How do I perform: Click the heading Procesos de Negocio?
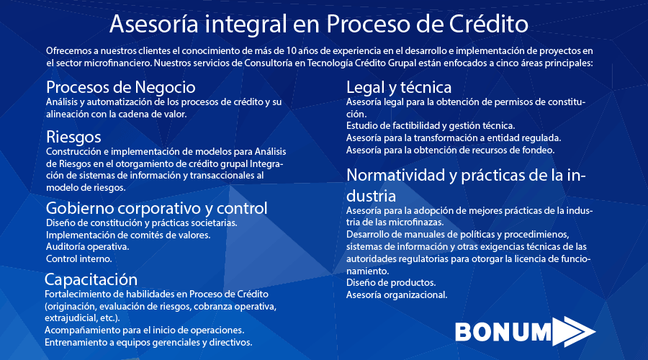121,87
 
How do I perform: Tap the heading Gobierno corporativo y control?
157,208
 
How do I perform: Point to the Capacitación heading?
91,280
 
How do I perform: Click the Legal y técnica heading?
399,88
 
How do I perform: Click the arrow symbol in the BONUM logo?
574,331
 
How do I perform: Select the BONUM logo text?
503,332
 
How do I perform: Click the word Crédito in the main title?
488,24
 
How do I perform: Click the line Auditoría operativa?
88,247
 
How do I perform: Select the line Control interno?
79,258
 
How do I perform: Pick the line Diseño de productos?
391,283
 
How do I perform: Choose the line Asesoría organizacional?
397,295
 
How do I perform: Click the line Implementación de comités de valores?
128,235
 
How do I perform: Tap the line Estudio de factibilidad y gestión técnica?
431,126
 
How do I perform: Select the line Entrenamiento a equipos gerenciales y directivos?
148,343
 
